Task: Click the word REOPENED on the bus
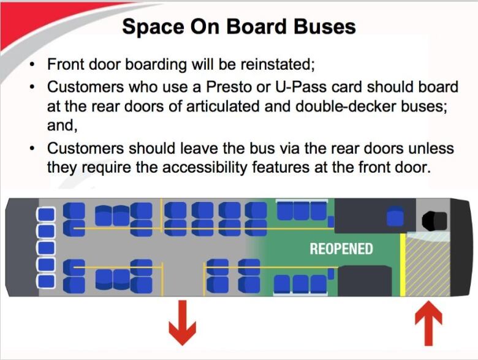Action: pyautogui.click(x=341, y=249)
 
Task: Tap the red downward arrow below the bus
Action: pyautogui.click(x=182, y=322)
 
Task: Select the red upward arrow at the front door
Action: pyautogui.click(x=428, y=323)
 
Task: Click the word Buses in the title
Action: pyautogui.click(x=325, y=26)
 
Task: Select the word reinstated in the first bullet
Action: pyautogui.click(x=278, y=64)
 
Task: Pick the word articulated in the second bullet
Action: pyautogui.click(x=222, y=107)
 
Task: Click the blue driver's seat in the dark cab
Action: pyautogui.click(x=395, y=216)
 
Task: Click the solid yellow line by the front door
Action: pyautogui.click(x=403, y=264)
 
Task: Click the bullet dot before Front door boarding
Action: pyautogui.click(x=32, y=65)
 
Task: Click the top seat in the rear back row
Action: pyautogui.click(x=46, y=214)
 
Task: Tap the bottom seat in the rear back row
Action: pyautogui.click(x=46, y=281)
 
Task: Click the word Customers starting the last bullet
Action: pyautogui.click(x=85, y=148)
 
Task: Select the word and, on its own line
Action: pyautogui.click(x=62, y=125)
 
